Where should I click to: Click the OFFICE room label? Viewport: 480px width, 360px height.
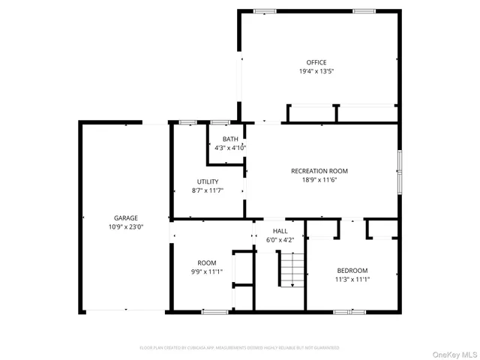tap(316, 62)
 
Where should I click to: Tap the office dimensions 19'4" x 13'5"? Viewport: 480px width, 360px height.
tap(316, 71)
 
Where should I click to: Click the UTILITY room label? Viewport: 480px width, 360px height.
tap(208, 181)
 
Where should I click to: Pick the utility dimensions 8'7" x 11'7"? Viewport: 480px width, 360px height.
tap(208, 190)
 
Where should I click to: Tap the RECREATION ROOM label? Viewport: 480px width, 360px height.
tap(319, 171)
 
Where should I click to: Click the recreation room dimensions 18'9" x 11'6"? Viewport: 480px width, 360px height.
tap(319, 180)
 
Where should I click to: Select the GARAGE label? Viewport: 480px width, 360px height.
tap(125, 217)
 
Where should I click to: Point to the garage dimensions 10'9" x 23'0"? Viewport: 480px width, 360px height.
tap(125, 226)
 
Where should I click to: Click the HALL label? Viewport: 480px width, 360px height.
tap(280, 231)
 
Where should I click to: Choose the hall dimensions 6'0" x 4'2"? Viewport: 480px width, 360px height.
tap(280, 240)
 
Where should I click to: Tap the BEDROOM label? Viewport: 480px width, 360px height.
tap(352, 270)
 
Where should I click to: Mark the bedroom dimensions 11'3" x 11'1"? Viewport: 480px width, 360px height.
tap(352, 279)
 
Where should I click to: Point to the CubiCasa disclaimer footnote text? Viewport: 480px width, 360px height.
tap(239, 348)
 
